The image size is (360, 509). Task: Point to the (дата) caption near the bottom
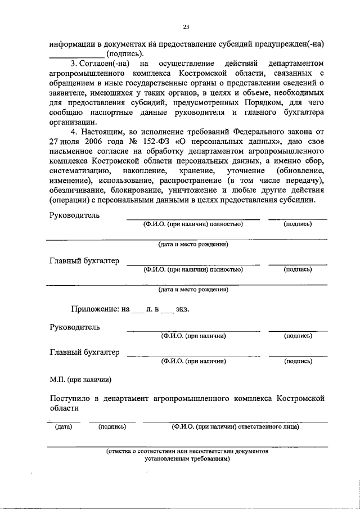[63, 427]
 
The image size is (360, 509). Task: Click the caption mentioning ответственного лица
[235, 427]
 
